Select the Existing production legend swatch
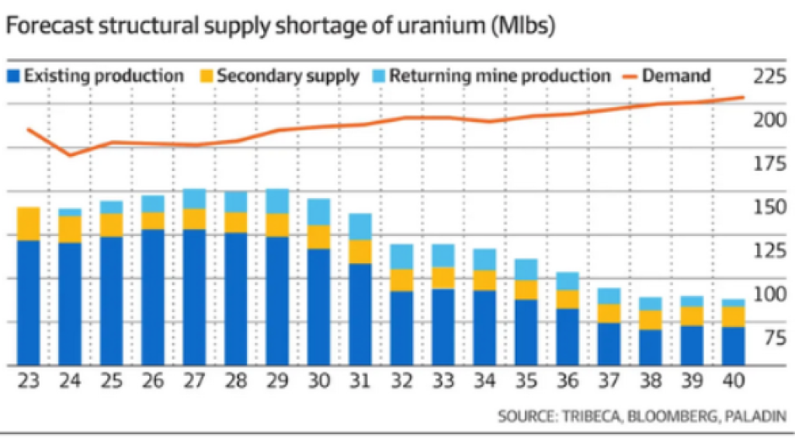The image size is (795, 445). click(13, 76)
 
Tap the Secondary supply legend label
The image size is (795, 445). click(288, 76)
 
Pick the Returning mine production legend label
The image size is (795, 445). click(499, 76)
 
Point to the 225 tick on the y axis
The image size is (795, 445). click(769, 76)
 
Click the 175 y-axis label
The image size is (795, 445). click(769, 163)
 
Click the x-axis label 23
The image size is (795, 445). click(29, 382)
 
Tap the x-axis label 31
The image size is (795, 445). click(359, 382)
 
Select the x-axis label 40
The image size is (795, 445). click(732, 382)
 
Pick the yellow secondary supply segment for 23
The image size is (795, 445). click(29, 224)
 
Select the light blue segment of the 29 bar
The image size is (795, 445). click(277, 201)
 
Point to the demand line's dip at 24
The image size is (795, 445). click(71, 155)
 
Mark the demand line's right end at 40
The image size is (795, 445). click(743, 97)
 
